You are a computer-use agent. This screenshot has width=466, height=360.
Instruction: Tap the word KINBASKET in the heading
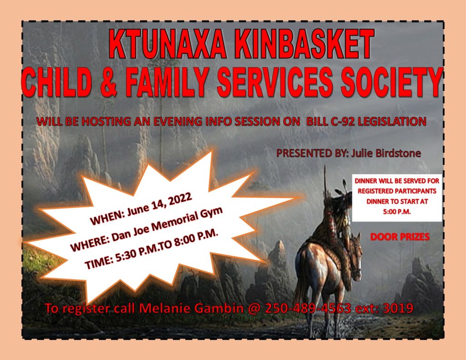(304, 44)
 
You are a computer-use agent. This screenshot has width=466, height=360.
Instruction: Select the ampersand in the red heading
(109, 82)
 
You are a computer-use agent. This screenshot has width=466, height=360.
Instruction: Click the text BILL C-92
(329, 122)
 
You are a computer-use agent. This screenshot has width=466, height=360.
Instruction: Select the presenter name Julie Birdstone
(386, 153)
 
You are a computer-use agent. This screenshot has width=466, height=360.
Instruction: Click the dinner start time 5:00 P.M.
(397, 212)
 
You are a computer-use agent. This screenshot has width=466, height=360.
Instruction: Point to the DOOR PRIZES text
(400, 237)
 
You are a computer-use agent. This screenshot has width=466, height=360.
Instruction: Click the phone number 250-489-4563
(308, 308)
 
